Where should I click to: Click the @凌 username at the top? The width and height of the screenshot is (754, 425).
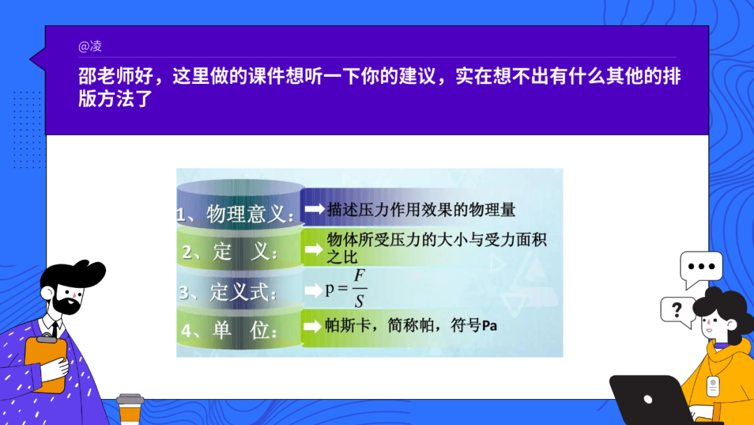(90, 46)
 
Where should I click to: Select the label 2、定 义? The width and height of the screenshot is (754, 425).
(230, 251)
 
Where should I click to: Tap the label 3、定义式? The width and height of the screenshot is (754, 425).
(228, 291)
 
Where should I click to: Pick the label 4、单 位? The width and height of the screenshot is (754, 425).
(230, 331)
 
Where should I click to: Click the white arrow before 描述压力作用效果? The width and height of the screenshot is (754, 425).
(315, 209)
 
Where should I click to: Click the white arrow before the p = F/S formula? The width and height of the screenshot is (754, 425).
(313, 290)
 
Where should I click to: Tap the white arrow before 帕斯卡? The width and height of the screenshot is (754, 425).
(313, 326)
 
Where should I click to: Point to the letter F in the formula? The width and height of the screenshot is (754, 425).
(360, 276)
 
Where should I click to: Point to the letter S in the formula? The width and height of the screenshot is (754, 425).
(360, 301)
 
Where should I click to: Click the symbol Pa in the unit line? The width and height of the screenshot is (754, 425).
(489, 326)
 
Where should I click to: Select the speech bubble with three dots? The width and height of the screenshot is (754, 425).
(701, 268)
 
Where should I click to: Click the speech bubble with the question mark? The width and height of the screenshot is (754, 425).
(677, 311)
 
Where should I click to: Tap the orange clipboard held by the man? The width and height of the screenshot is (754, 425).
(45, 364)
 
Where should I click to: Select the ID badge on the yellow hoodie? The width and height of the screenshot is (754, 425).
(713, 387)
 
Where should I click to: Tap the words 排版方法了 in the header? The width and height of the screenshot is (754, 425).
(115, 99)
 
